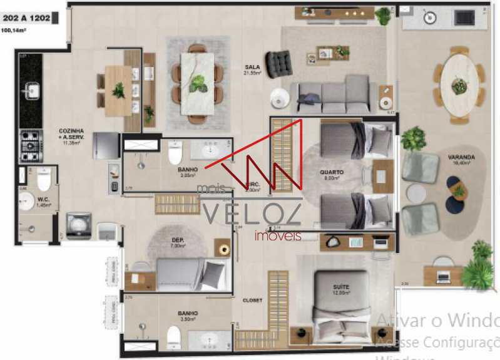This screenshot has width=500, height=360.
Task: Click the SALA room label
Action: point(252,68)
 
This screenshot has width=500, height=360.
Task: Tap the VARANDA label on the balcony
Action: point(461,158)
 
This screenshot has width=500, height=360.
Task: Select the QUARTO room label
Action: point(330,173)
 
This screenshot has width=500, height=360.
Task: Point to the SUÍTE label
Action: point(340,287)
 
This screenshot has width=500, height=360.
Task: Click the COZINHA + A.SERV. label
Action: point(71,135)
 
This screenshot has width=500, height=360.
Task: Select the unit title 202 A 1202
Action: point(26,18)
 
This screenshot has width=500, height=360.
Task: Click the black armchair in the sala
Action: point(278,63)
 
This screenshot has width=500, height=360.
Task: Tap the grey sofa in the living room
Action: point(334,95)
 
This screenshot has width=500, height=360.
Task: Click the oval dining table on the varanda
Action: point(460,85)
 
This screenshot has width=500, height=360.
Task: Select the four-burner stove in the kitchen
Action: point(31,146)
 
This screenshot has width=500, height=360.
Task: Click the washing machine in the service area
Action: point(79,225)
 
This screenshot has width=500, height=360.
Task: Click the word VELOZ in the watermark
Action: point(250,214)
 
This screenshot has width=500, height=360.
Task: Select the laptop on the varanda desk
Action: point(443,275)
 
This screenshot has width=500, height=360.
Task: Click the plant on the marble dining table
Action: point(198,83)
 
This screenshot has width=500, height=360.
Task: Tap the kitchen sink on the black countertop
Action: point(31,92)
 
